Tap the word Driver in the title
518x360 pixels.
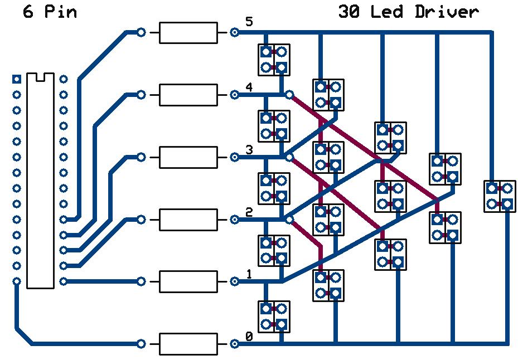(446, 12)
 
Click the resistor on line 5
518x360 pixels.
(188, 33)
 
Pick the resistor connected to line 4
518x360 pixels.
(188, 95)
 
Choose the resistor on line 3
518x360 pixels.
(188, 158)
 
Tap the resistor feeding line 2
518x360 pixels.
(188, 220)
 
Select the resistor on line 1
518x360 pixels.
(188, 282)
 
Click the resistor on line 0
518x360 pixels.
(188, 344)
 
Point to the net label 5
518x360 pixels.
(249, 22)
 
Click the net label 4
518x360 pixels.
(249, 87)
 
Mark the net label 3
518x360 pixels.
(249, 149)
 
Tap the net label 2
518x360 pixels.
(249, 212)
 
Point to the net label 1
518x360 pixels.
(249, 274)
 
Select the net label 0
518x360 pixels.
(249, 337)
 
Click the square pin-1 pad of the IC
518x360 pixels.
(17, 79)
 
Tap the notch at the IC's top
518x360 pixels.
(40, 77)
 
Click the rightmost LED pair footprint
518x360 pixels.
(499, 196)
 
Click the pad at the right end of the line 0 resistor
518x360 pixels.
(235, 344)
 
